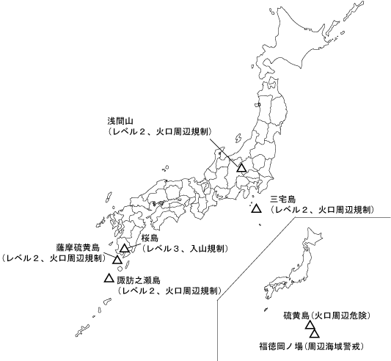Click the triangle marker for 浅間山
[x=241, y=168]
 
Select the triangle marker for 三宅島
[x=256, y=208]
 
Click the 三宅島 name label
[x=282, y=199]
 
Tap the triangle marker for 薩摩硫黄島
[x=117, y=260]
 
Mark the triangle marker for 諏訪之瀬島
[x=109, y=278]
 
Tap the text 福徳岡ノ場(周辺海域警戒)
[x=312, y=345]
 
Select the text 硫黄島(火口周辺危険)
[x=327, y=316]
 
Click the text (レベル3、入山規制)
[x=185, y=249]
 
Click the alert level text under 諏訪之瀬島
[x=169, y=291]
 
